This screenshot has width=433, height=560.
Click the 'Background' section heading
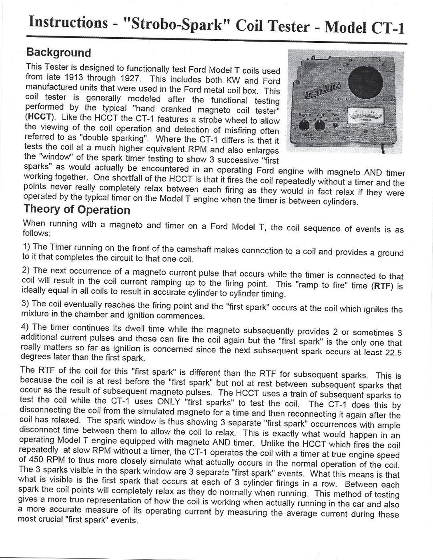(x=58, y=52)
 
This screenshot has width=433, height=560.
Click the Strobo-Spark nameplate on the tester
(x=322, y=90)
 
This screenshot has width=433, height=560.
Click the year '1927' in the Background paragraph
(x=122, y=77)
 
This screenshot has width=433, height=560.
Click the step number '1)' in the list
(x=26, y=246)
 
